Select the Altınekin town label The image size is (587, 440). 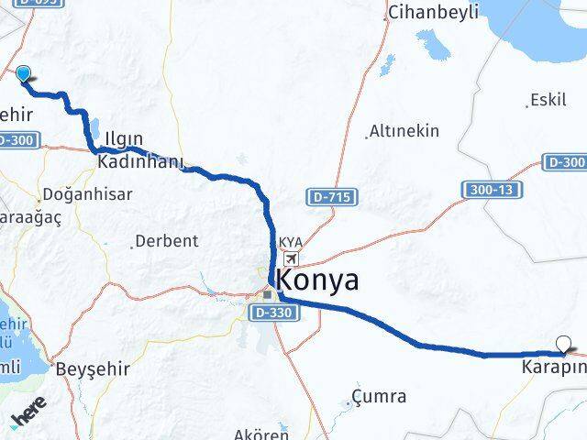point(404,131)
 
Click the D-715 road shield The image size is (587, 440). point(331,197)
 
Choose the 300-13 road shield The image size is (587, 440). point(486,189)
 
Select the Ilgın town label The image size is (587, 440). point(123,139)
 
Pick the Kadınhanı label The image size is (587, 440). point(142,161)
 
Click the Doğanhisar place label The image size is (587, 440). point(87,195)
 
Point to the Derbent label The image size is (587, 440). point(166,242)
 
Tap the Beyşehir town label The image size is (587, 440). point(93,368)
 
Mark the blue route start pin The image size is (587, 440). point(24,76)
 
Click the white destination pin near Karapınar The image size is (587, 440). point(563,345)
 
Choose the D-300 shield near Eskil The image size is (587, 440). point(565,162)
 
